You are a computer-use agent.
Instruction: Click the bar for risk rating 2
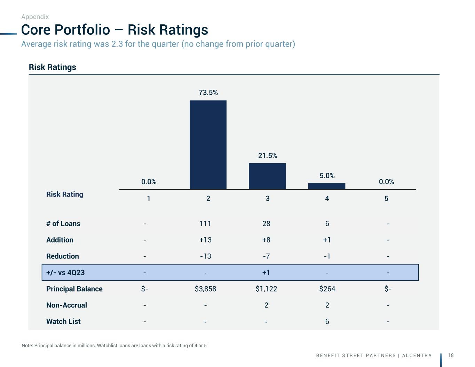pos(208,145)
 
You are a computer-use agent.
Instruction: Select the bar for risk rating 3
pos(267,176)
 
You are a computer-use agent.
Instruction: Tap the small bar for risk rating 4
pos(327,186)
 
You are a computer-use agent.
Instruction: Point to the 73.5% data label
pos(208,93)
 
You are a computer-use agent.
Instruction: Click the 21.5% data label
pos(268,155)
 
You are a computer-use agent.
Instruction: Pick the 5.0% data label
pos(327,176)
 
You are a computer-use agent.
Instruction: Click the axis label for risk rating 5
pos(386,199)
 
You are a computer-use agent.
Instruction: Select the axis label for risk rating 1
pos(149,199)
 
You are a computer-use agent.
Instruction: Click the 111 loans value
pos(205,224)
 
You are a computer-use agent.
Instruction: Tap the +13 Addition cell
pos(205,240)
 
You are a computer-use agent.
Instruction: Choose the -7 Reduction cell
pos(266,256)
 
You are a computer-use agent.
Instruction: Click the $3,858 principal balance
pos(205,289)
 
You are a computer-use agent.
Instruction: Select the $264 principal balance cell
pos(327,289)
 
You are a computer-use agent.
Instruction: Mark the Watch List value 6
pos(327,322)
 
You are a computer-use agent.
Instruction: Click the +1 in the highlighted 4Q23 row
pos(266,273)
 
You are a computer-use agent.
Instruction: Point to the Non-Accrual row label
pos(66,305)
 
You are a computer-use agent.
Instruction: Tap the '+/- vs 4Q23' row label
pos(65,273)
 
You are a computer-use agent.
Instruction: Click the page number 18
pos(451,355)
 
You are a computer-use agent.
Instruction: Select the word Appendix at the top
pos(35,17)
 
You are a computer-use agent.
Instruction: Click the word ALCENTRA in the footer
pos(417,356)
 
